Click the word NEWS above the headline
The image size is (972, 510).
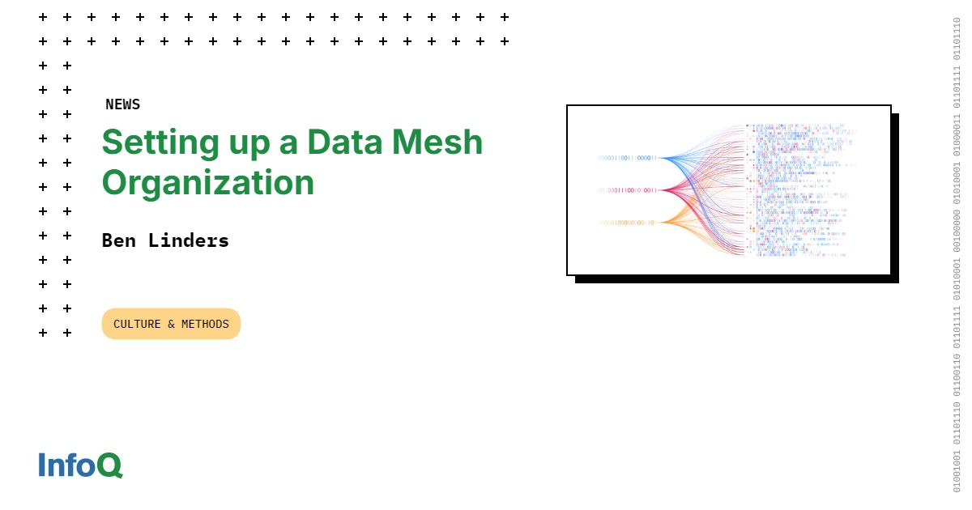(x=122, y=104)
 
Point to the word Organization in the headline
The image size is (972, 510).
(x=207, y=183)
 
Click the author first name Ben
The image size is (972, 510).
(x=120, y=240)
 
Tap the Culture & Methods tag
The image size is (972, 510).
(x=171, y=324)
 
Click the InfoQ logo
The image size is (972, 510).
(x=80, y=465)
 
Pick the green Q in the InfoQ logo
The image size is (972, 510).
(x=109, y=465)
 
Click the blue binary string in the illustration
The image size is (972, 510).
(x=627, y=158)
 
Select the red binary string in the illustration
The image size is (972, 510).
(x=627, y=190)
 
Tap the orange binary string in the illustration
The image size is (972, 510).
(x=627, y=223)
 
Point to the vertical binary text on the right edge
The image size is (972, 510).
(x=957, y=255)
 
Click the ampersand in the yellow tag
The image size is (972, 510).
(x=171, y=324)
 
